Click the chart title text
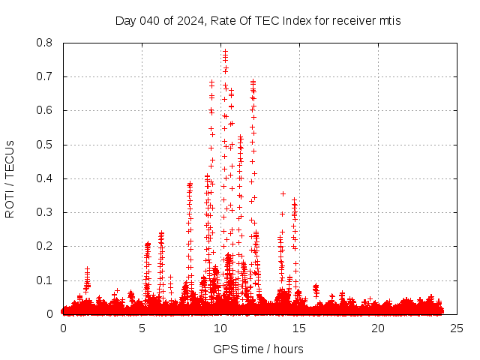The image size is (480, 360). [x=258, y=20]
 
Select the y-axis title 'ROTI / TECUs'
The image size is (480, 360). [x=10, y=178]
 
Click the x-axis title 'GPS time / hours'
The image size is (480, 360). [x=258, y=349]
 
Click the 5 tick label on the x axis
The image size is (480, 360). [x=142, y=328]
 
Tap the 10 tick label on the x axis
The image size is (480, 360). [x=220, y=328]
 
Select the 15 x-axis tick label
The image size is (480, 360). [x=299, y=328]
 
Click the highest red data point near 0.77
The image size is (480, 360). [x=225, y=52]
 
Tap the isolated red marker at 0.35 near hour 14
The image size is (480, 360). [x=283, y=193]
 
